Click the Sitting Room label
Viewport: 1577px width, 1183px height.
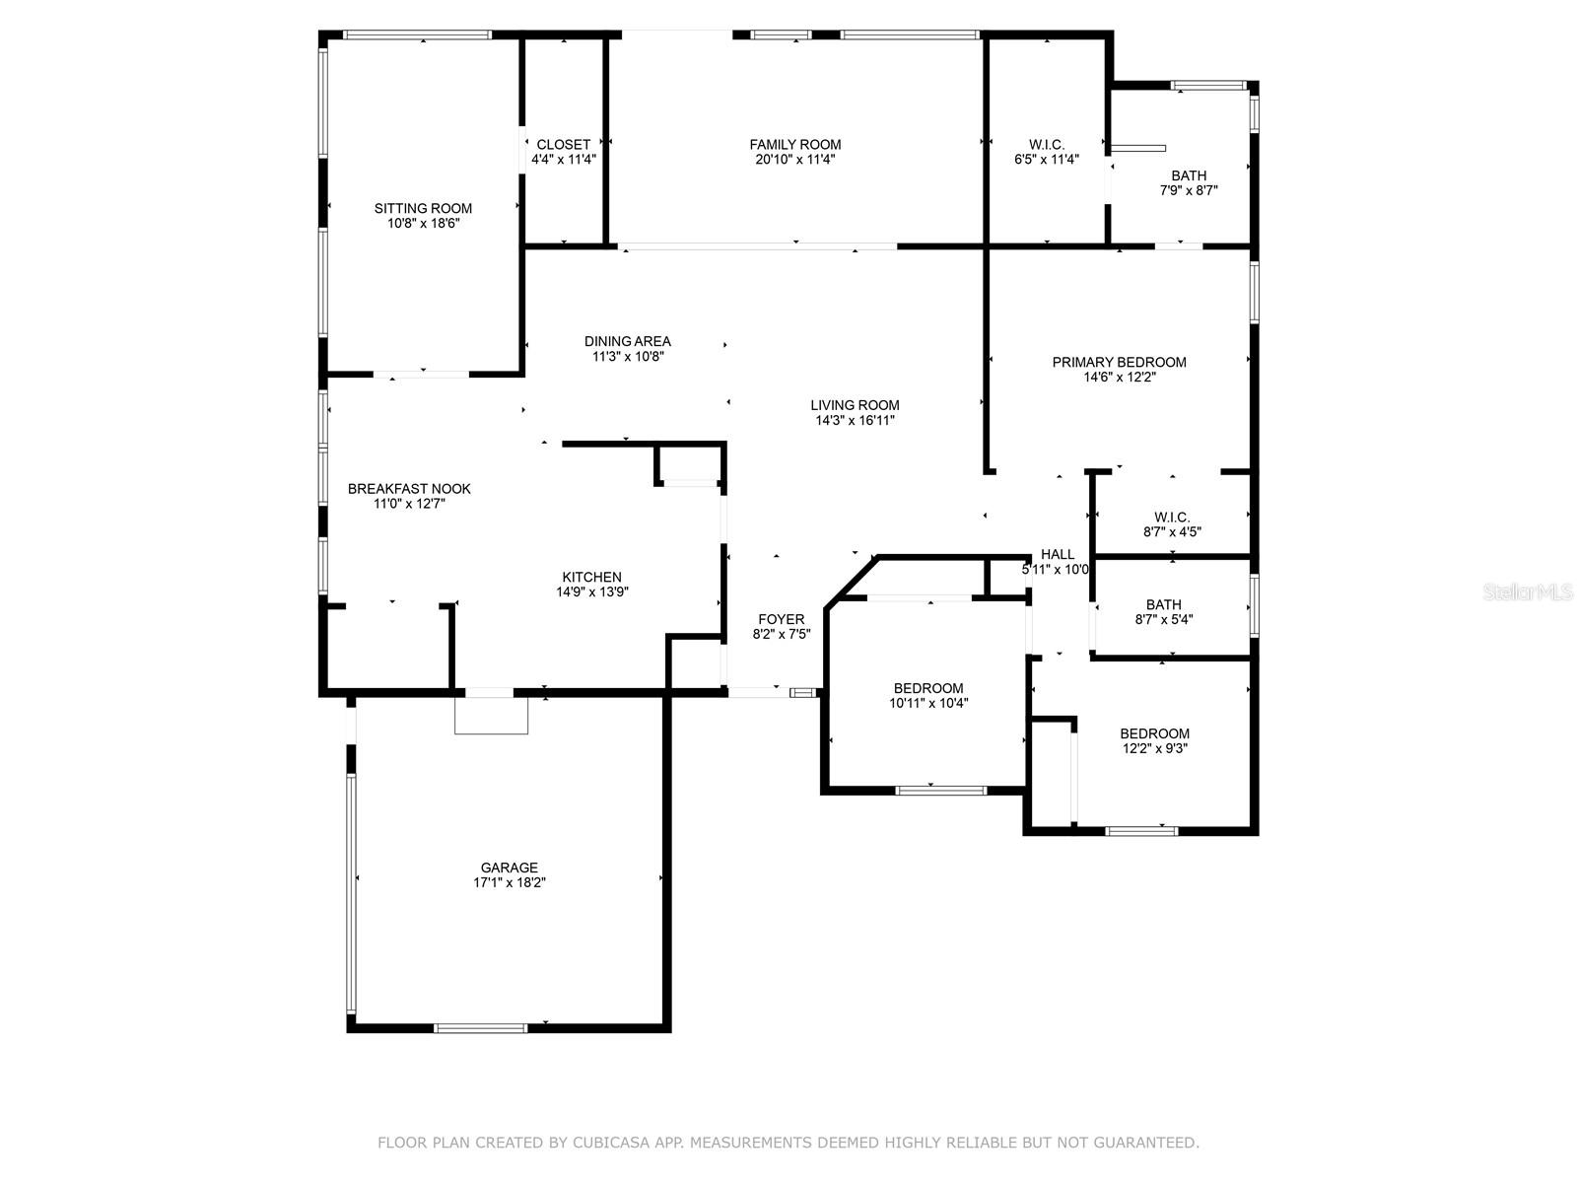pos(423,208)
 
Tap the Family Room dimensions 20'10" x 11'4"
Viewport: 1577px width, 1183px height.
pos(794,160)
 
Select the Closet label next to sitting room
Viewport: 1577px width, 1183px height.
pos(564,145)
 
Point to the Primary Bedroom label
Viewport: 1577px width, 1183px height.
pos(1119,362)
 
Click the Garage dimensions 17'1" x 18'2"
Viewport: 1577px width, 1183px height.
pos(510,883)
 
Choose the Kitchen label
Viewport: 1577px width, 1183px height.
pos(591,577)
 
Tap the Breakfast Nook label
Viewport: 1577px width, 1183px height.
pos(409,488)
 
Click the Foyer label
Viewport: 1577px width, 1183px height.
pos(781,619)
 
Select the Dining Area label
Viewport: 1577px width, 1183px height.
pos(627,341)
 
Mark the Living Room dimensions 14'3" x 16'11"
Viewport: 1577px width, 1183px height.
pos(855,420)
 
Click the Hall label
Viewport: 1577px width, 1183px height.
pos(1058,554)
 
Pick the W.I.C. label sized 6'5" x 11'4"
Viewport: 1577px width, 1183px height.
pos(1046,145)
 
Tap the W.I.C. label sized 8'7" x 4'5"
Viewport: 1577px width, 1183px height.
pos(1172,517)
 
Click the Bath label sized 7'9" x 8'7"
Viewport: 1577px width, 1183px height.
pos(1189,175)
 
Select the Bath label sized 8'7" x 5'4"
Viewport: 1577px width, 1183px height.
pos(1163,604)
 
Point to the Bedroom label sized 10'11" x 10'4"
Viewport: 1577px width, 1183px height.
pos(927,688)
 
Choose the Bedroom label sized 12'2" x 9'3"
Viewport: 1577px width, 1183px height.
pos(1154,733)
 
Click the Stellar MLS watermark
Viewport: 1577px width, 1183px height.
pos(1529,592)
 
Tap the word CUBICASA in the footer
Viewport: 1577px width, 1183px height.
pos(651,1143)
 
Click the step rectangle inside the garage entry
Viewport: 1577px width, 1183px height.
pos(491,716)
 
